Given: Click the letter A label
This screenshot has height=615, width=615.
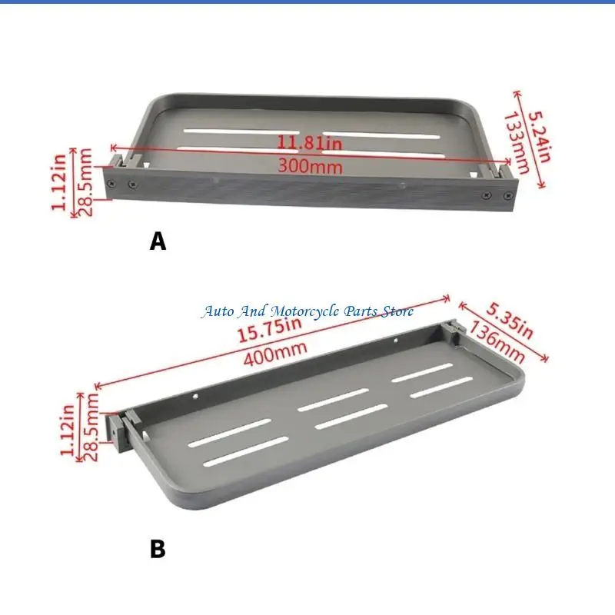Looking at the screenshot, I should point(158,241).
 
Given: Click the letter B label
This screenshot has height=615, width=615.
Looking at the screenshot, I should point(157,549).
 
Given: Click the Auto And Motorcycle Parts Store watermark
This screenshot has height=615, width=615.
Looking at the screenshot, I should point(307,311).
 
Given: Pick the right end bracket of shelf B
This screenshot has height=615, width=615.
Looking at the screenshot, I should point(451,328).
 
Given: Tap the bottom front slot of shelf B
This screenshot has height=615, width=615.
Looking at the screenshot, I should point(246,451).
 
